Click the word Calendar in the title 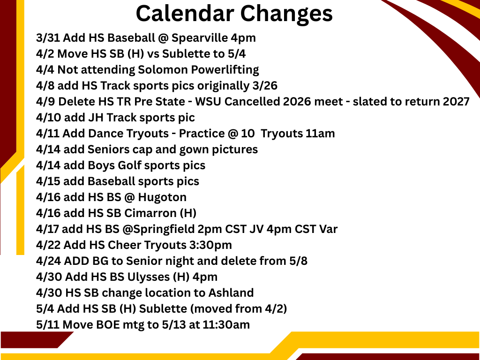coord(185,14)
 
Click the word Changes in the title coord(286,14)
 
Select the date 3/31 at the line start coord(48,38)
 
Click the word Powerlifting coord(225,70)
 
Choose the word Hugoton coord(162,197)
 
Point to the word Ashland coord(231,292)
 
